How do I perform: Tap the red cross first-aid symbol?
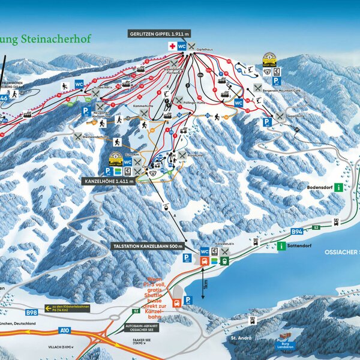[173, 46]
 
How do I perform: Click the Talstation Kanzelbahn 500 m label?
[147, 246]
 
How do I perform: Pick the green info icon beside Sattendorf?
[281, 245]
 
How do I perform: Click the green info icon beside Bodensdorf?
[339, 187]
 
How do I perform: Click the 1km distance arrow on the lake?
[205, 286]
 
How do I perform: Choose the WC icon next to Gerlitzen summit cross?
[182, 46]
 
